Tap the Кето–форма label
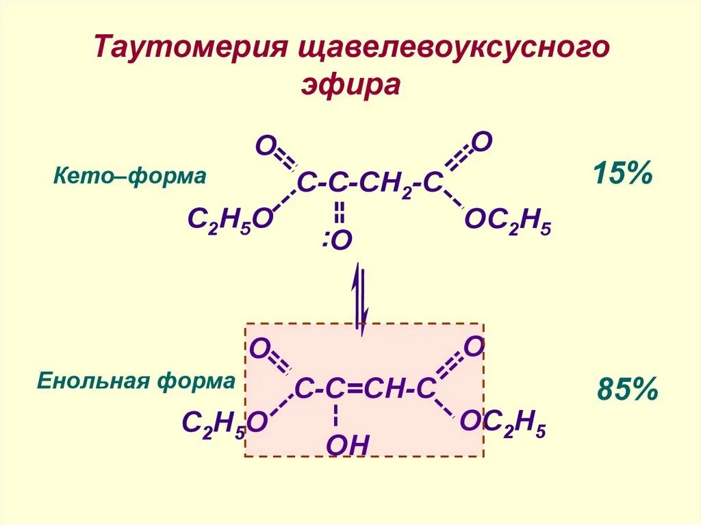[129, 177]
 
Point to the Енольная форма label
[136, 381]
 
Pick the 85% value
[627, 391]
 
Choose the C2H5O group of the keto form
[230, 221]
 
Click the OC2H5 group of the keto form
[507, 221]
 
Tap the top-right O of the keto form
[482, 142]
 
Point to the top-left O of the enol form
[259, 348]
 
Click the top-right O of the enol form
[474, 346]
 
